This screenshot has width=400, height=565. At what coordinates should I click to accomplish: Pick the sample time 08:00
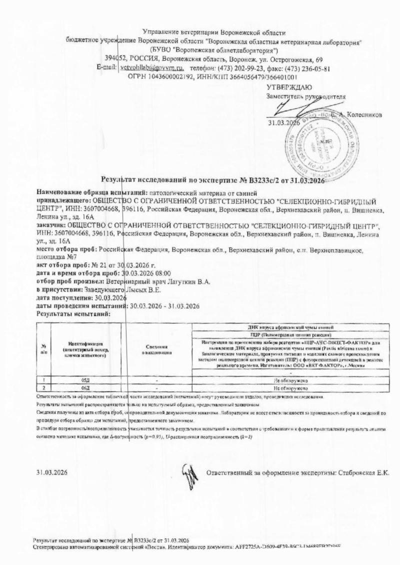click(163, 273)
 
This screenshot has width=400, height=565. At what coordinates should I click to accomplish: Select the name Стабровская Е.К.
click(365, 472)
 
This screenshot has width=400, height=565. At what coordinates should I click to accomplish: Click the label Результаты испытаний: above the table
click(73, 314)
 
